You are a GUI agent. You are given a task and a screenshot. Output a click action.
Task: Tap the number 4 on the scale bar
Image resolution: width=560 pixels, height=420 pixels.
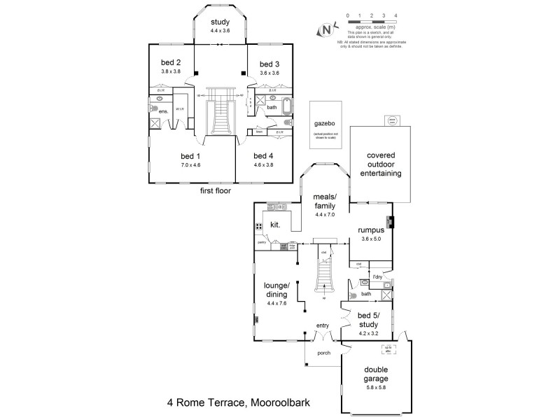coord(396,14)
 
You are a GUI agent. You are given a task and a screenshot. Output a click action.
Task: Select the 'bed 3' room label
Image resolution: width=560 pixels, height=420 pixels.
coord(269,63)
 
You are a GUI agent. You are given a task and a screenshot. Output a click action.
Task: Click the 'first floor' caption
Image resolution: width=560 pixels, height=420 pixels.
coord(216,190)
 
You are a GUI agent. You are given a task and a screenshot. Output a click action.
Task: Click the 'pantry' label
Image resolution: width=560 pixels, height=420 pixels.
coord(261,241)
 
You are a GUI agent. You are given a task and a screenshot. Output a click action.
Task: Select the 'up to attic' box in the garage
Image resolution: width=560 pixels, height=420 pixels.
coord(386,348)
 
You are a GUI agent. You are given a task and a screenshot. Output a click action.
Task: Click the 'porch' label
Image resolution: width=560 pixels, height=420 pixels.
coord(323,353)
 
